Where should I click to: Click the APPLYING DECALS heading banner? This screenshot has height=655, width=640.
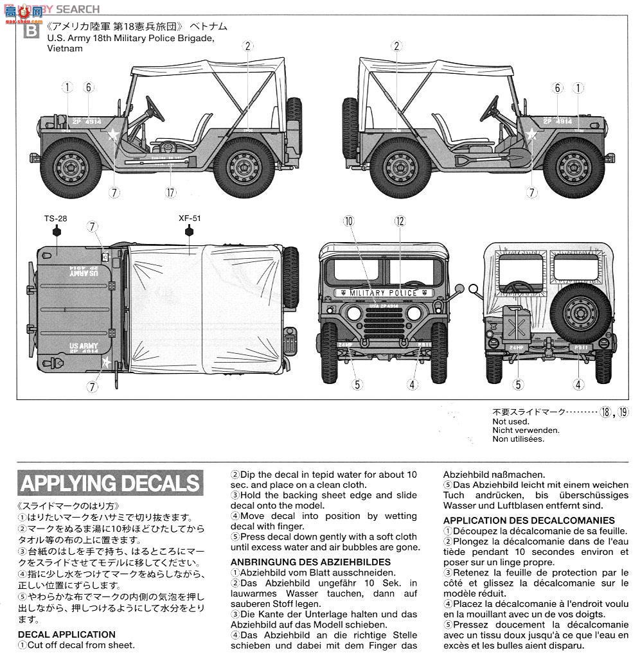coord(110,483)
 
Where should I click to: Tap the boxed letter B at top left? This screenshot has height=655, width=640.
coord(30,30)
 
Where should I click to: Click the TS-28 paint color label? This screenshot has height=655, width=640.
coord(56,218)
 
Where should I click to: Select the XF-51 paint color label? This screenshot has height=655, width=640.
coord(190,218)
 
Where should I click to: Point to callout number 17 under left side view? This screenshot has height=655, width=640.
coord(170,192)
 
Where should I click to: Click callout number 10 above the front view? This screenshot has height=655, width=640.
coord(348,222)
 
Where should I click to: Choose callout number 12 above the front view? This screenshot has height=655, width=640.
coord(400,222)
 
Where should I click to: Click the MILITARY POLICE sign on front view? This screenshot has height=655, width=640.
coord(384,293)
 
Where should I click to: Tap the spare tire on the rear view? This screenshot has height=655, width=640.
coord(580,311)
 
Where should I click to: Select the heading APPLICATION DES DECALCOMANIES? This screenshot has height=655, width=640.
coord(528,520)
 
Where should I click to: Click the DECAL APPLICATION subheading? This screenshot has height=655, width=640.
coord(67,634)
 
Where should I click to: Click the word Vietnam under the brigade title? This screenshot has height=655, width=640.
coord(64,49)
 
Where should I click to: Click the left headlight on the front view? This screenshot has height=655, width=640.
coord(354,313)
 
